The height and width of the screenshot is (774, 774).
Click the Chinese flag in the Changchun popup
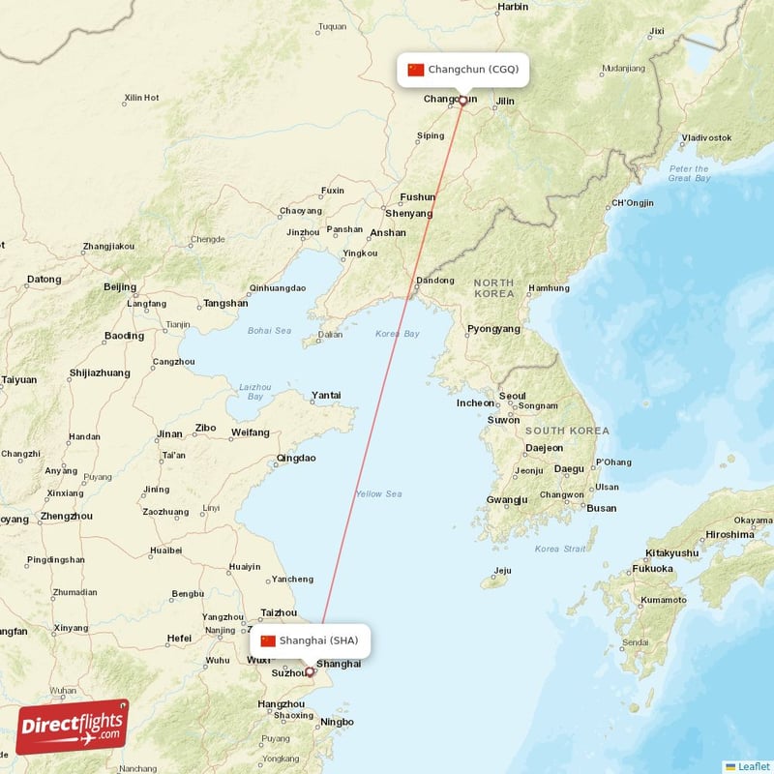point(416,70)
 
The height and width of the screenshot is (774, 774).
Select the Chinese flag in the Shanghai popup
point(268,640)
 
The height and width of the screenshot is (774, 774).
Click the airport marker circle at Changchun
point(462,101)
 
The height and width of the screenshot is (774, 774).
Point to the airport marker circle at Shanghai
point(310,671)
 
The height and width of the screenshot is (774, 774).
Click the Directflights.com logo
point(72,726)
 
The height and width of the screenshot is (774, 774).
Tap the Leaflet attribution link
point(753,765)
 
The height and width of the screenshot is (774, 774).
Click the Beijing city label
point(120,286)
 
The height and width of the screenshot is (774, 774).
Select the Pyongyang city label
point(493,329)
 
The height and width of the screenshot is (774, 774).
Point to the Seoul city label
point(513,396)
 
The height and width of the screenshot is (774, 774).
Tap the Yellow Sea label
point(378,494)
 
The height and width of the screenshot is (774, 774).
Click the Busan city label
point(601,508)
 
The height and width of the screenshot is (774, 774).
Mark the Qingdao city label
point(296,458)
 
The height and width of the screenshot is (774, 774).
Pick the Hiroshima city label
point(729,534)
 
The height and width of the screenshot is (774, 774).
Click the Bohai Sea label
point(269,331)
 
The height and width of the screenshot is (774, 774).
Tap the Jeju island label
point(501,571)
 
